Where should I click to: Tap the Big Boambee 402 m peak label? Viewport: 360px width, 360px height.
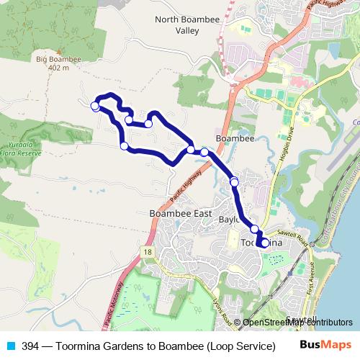click(55, 63)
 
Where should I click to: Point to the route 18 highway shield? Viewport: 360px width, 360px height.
click(148, 251)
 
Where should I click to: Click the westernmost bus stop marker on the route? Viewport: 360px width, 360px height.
click(95, 107)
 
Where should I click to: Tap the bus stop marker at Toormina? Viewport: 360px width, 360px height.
click(264, 243)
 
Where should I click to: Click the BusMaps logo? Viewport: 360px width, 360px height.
click(326, 345)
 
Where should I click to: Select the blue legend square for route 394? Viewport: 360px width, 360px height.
click(10, 346)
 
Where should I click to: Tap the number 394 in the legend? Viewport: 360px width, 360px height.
click(30, 346)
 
